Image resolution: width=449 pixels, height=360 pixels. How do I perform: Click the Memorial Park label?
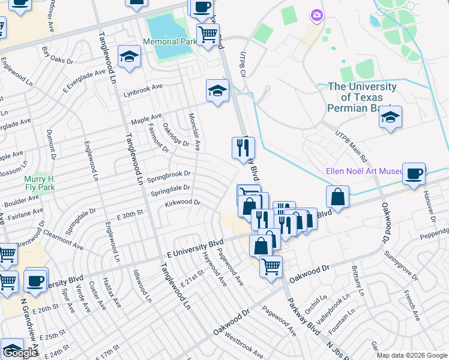(x=170, y=41)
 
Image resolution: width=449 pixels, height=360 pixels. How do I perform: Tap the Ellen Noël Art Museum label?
(x=363, y=171)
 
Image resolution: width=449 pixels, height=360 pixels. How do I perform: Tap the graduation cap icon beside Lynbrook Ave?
(x=217, y=91)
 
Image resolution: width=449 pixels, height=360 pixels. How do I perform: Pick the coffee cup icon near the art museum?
(x=414, y=175)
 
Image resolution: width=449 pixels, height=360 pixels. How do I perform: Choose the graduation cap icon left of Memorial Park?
(x=129, y=57)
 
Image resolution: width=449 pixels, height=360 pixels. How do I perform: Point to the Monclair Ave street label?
(x=194, y=132)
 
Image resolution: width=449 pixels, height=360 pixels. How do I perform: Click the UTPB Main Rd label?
(x=351, y=147)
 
